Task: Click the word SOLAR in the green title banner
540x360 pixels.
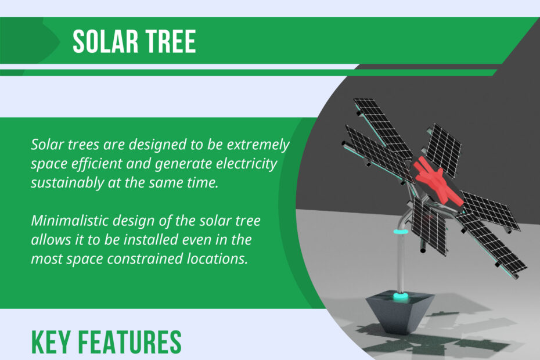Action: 105,41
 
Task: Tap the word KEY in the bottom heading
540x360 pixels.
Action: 51,342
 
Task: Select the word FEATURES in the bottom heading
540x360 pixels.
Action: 130,342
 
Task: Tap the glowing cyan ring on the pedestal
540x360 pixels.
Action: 400,296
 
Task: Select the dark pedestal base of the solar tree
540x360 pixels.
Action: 399,312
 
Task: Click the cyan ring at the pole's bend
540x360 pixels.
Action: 401,232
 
